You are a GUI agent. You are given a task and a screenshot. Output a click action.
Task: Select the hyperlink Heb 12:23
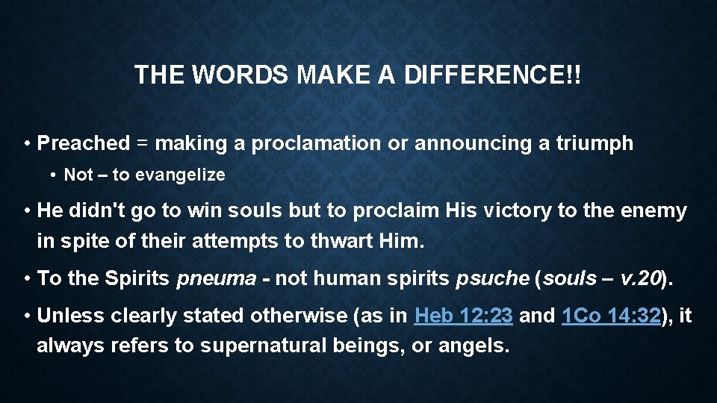[463, 316]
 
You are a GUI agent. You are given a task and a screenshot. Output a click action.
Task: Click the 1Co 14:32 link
[610, 316]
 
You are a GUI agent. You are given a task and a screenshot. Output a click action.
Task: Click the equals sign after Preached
[143, 144]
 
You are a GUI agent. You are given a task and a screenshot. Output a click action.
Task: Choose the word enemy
[654, 211]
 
